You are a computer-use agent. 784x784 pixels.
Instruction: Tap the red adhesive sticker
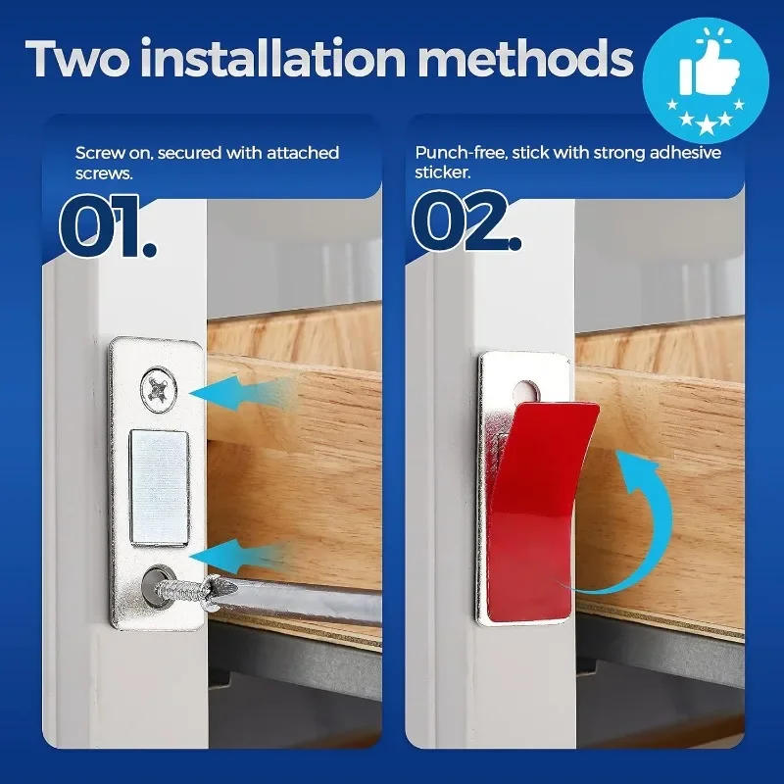click(534, 500)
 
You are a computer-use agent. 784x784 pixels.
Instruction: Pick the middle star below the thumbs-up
click(706, 120)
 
